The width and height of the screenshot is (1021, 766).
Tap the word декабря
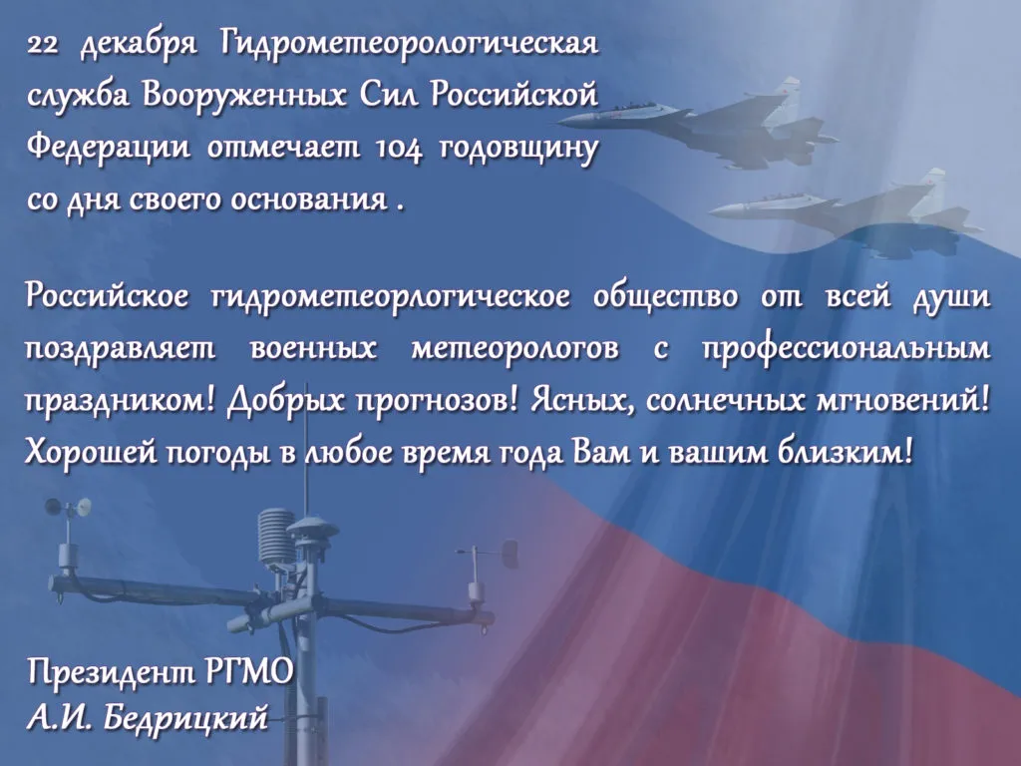click(x=138, y=46)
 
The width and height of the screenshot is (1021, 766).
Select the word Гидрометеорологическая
click(x=409, y=46)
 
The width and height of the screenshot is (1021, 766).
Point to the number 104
click(x=399, y=148)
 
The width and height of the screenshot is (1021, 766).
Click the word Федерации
click(x=109, y=149)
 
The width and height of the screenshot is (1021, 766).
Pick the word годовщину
click(x=519, y=150)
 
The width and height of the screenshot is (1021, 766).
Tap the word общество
click(x=666, y=296)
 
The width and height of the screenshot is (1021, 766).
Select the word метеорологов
click(x=515, y=349)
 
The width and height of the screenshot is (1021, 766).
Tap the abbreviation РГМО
click(x=248, y=671)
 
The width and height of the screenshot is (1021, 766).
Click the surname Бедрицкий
click(x=185, y=718)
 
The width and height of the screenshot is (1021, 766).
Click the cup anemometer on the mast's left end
click(x=68, y=507)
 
